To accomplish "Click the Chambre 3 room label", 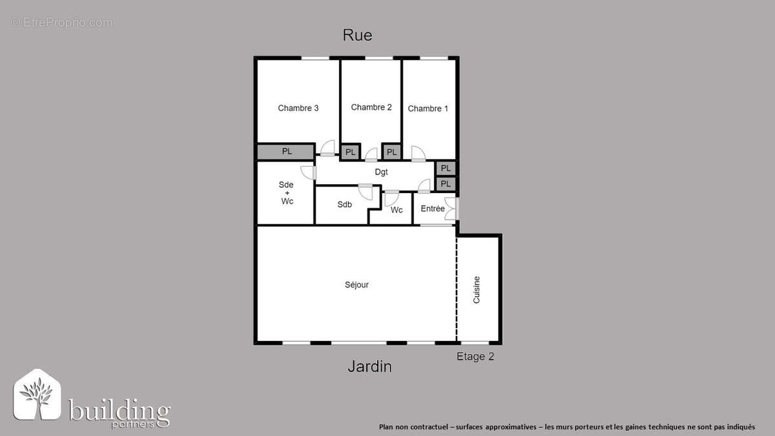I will click(x=298, y=108).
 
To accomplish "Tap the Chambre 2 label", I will click(x=371, y=107).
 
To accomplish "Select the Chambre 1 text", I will click(x=428, y=109).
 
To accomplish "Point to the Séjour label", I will click(x=356, y=285).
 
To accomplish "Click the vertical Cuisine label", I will click(x=477, y=290).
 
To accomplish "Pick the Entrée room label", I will click(x=433, y=209).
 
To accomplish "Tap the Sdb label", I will click(x=344, y=205).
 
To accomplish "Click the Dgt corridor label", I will click(x=381, y=172).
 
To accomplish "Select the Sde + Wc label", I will click(x=287, y=192).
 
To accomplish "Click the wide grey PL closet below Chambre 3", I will click(x=286, y=152).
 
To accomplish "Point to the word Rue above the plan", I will click(x=357, y=36).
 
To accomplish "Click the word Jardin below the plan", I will click(x=369, y=367).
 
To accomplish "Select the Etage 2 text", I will click(x=475, y=357).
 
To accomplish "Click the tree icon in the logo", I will click(x=37, y=396).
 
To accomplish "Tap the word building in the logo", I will click(x=119, y=411).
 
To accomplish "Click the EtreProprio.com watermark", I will click(x=61, y=23).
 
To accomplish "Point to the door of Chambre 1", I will click(x=418, y=154).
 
